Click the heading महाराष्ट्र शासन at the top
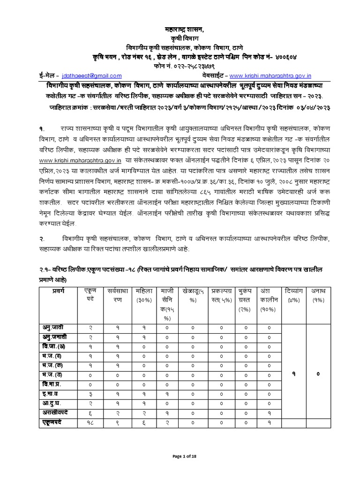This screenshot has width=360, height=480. click(180, 30)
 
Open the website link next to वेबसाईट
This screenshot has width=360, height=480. click(273, 76)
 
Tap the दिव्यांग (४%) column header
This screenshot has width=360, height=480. click(292, 295)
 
